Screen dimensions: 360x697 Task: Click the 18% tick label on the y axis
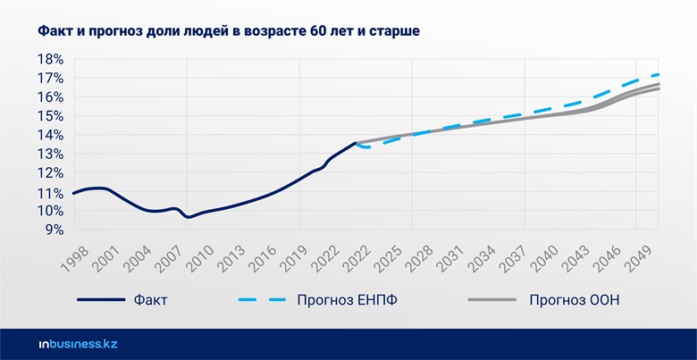click(50, 60)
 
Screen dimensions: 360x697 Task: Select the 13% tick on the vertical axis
click(50, 154)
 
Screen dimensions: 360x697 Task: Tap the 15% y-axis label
click(50, 116)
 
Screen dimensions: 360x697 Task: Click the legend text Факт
click(150, 300)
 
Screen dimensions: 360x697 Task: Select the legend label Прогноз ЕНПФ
click(347, 300)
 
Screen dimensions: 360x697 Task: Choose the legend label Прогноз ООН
click(574, 300)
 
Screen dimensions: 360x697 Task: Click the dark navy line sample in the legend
click(100, 300)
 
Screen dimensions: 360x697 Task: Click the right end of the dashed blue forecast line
click(659, 74)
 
